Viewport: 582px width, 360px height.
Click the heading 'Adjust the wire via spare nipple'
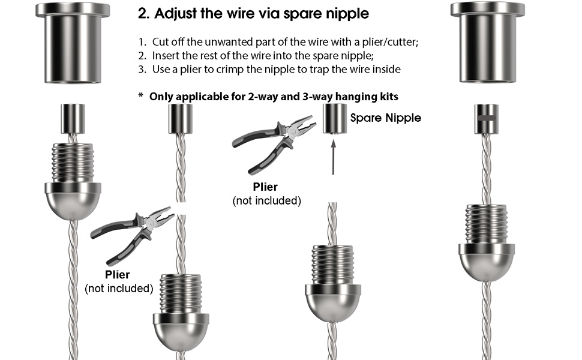[x=262, y=13]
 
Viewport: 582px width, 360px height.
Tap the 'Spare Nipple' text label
[x=386, y=118]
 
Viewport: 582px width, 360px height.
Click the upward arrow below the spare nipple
[x=334, y=157]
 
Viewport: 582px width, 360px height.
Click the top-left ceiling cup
[x=73, y=43]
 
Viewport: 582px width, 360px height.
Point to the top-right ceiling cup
[x=488, y=43]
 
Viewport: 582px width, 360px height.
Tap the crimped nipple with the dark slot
[x=486, y=119]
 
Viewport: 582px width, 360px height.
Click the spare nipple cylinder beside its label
[x=335, y=119]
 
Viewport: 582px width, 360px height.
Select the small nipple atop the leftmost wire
[x=73, y=119]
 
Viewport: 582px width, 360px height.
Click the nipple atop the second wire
[x=181, y=119]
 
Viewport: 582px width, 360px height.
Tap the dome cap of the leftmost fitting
[x=73, y=201]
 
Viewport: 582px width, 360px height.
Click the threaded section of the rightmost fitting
[x=486, y=224]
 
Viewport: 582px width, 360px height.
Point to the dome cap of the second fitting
[x=181, y=331]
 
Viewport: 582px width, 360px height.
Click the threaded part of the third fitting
[x=333, y=265]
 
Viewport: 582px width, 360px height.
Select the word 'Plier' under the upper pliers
[x=265, y=187]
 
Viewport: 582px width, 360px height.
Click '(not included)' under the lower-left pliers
[x=119, y=289]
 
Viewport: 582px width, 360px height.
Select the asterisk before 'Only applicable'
[x=140, y=95]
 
